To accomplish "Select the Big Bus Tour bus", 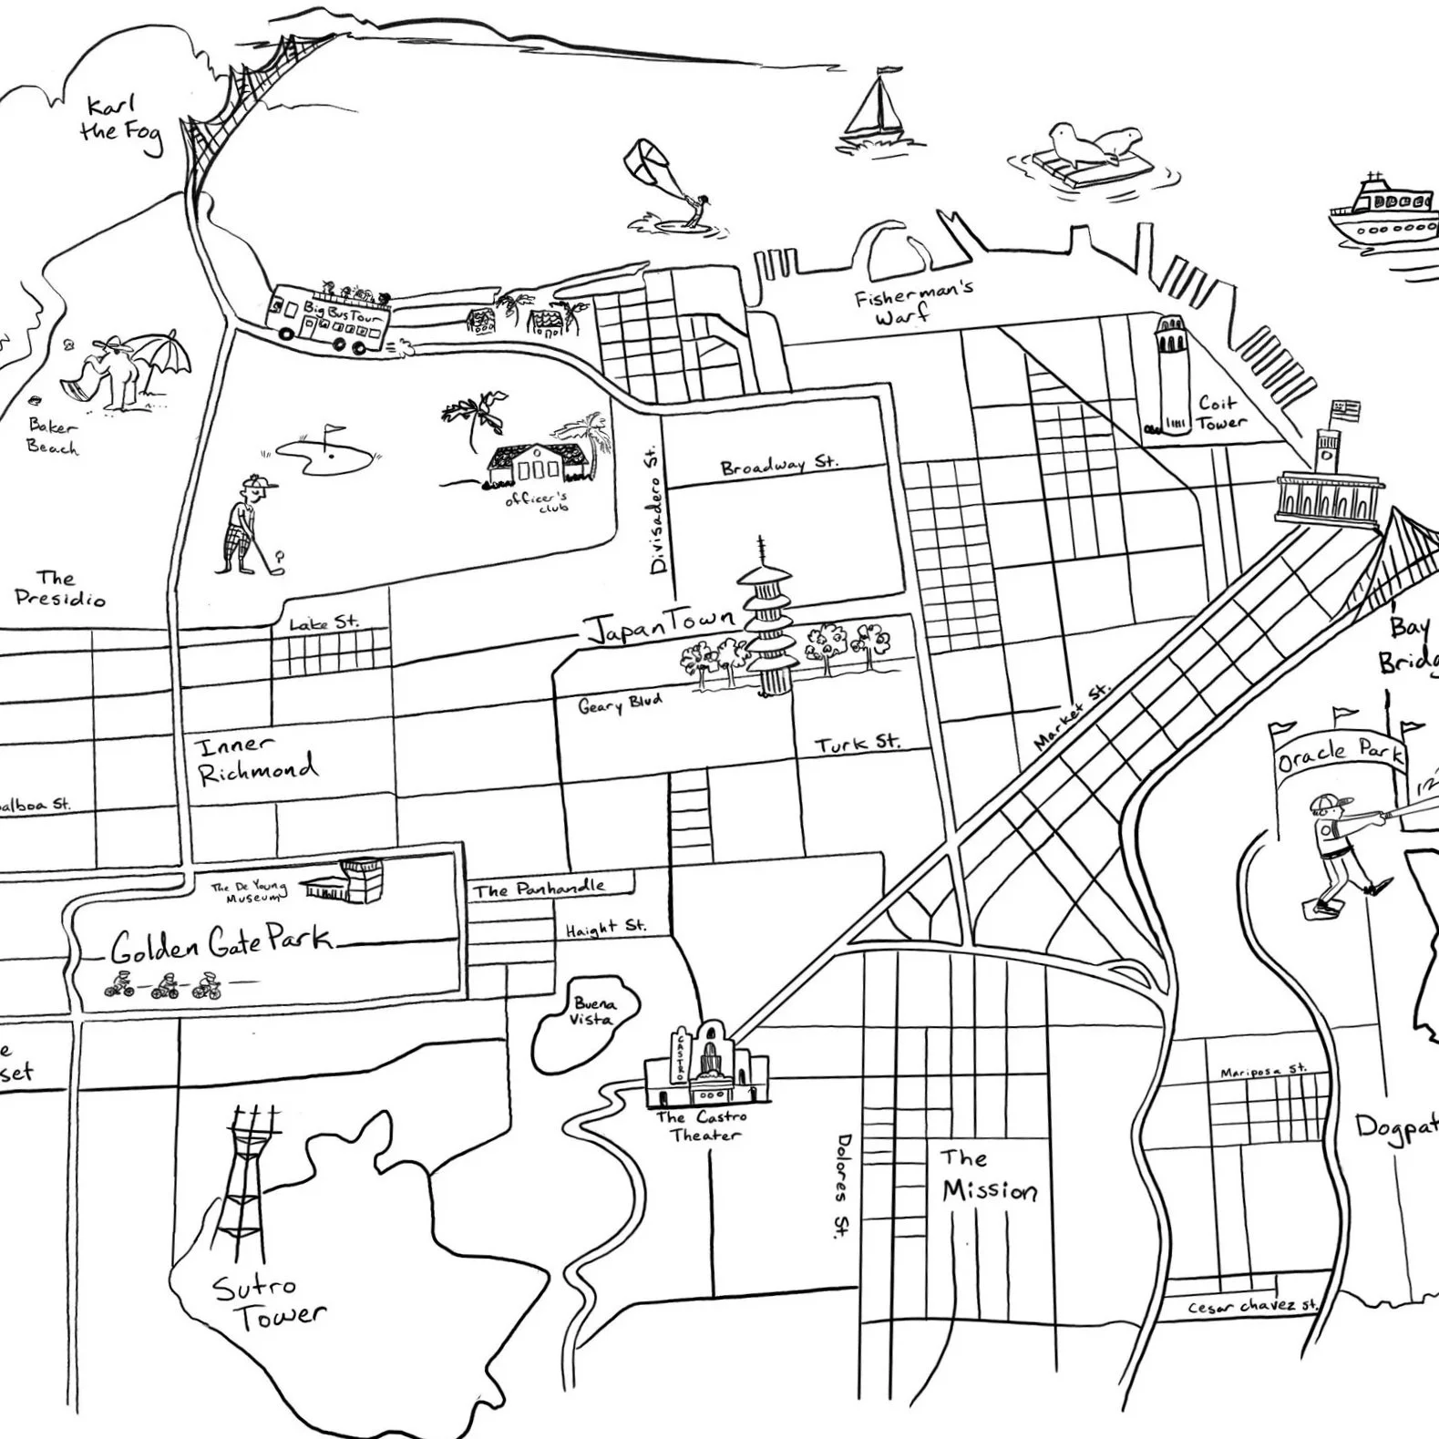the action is [330, 319].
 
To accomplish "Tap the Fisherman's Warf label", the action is [911, 302].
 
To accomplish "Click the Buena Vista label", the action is [593, 1011].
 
